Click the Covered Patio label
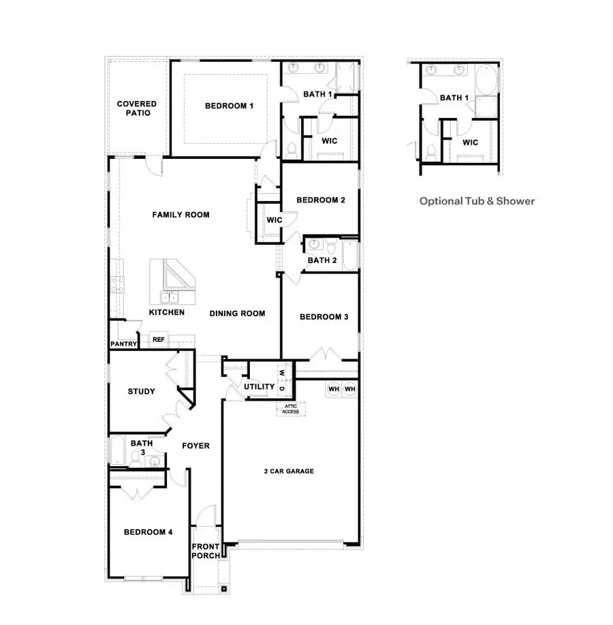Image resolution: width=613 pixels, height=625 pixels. click(x=136, y=108)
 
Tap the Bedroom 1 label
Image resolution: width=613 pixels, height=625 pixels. click(x=229, y=106)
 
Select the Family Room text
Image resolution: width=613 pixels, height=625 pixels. click(x=180, y=215)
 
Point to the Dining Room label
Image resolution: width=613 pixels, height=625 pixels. click(x=237, y=314)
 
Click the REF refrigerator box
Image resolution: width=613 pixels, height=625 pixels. click(x=158, y=339)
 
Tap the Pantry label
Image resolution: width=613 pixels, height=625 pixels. click(x=123, y=344)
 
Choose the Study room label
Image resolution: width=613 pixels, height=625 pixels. click(x=142, y=392)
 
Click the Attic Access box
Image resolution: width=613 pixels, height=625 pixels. click(x=291, y=409)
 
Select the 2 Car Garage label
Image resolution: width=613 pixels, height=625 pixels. click(x=289, y=471)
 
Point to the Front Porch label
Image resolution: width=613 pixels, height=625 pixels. click(x=205, y=551)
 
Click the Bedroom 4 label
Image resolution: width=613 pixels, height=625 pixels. click(x=148, y=532)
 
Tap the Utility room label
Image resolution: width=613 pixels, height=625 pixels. click(x=260, y=387)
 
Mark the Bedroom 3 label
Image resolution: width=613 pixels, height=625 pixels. click(x=324, y=317)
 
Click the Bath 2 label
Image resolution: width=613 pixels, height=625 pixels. click(x=322, y=260)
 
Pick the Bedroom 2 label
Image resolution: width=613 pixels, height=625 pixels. click(x=321, y=200)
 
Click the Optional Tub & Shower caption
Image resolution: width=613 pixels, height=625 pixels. click(x=477, y=201)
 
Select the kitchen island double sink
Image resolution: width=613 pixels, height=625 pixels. click(x=170, y=297)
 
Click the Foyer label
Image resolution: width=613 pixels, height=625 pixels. click(x=195, y=446)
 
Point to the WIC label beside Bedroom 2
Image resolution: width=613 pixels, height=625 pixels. click(x=274, y=220)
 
